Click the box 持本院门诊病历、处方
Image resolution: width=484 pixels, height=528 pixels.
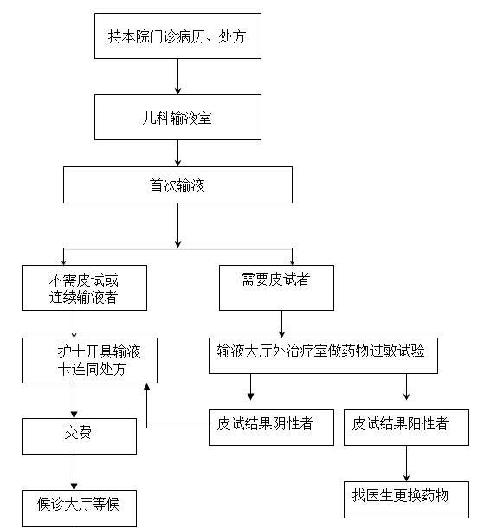pos(177,36)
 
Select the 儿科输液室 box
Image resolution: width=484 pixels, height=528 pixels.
pos(177,117)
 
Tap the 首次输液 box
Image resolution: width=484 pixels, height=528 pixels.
pos(177,185)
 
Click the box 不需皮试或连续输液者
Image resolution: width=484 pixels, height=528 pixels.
pos(84,287)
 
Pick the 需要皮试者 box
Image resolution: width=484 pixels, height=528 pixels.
pos(276,287)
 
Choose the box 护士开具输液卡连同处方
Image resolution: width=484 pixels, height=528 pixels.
pos(89,360)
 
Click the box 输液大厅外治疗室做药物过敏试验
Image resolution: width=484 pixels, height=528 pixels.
pos(323,356)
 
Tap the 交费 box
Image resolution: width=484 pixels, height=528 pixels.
pos(79,437)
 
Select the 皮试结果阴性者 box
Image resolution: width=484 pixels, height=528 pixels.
pos(272,428)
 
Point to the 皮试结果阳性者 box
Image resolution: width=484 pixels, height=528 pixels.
pos(406,428)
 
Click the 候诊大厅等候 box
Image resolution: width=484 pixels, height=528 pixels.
pos(79,508)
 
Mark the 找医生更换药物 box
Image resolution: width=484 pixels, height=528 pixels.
pos(406,499)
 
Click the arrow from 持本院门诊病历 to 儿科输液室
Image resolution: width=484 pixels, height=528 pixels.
pos(177,76)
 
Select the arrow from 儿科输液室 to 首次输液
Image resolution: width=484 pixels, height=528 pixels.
pos(177,153)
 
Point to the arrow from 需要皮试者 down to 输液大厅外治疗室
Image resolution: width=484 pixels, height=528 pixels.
pos(282,324)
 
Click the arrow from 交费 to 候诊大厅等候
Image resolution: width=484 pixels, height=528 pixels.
pos(74,473)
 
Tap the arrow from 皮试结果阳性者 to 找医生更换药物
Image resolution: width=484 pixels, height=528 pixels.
pos(406,464)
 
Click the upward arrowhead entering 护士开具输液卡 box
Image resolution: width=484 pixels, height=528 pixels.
pos(147,387)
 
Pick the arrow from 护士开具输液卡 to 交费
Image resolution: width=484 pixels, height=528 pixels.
pos(74,401)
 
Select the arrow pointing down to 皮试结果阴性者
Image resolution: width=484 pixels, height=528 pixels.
pos(250,387)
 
